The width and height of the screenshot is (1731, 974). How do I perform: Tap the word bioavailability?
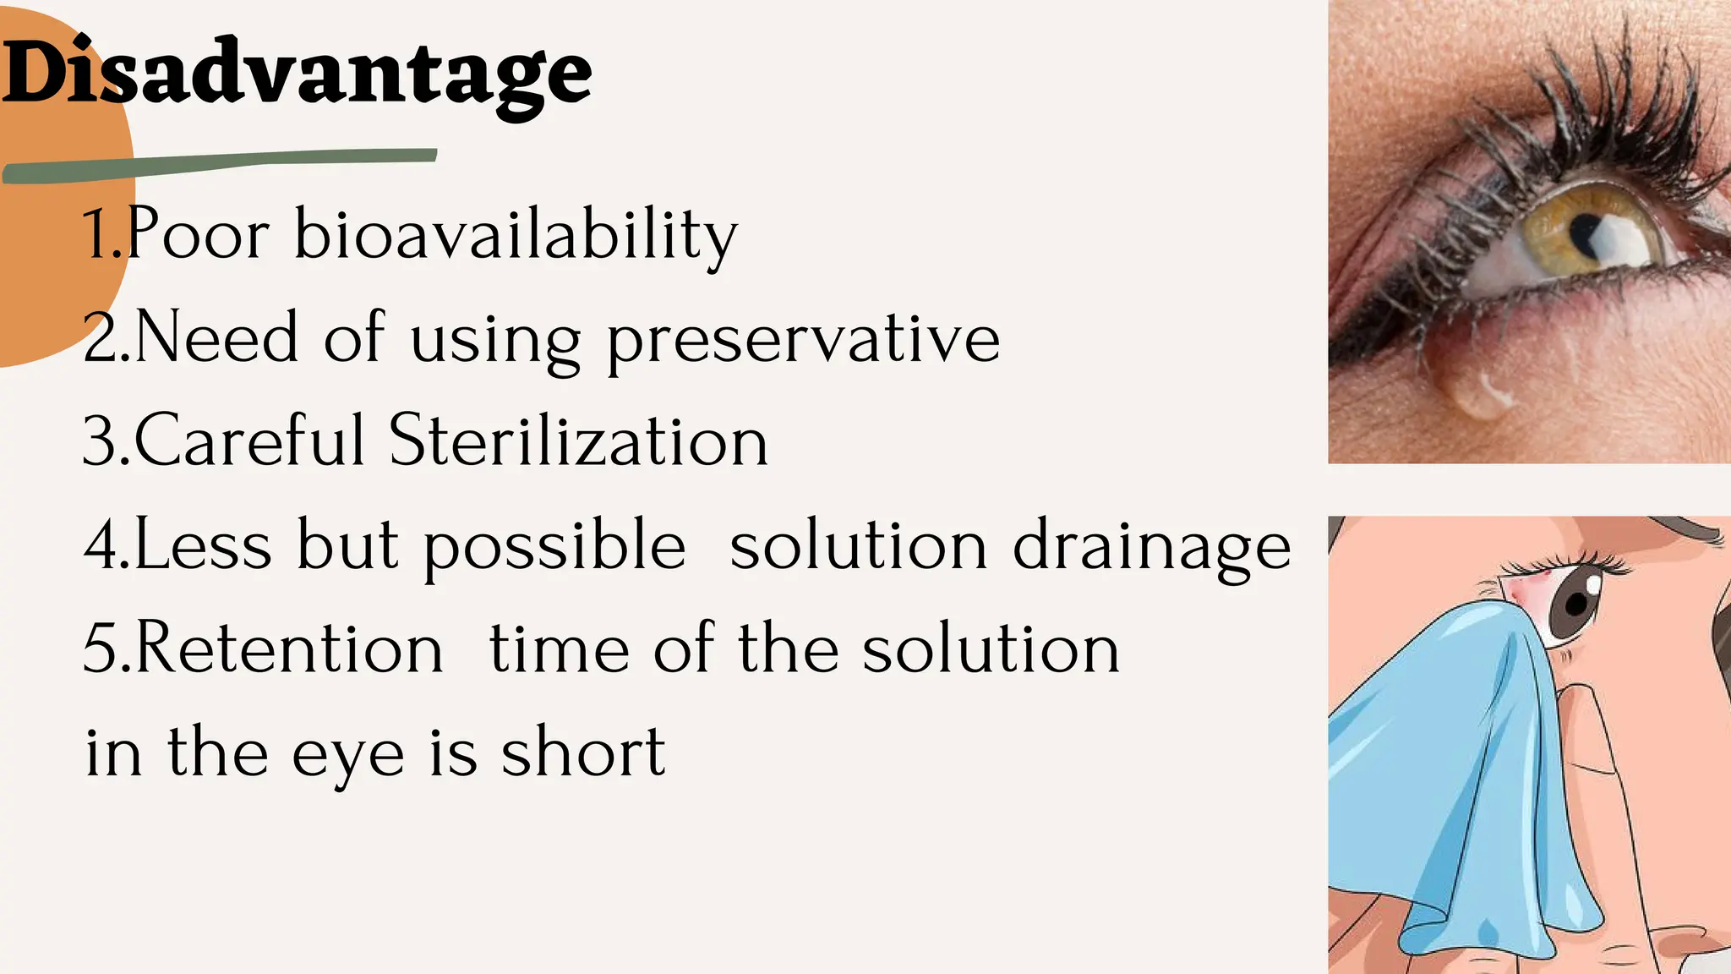[515, 235]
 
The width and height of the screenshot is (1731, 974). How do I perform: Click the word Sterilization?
[578, 441]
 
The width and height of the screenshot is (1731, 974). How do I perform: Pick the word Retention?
[287, 649]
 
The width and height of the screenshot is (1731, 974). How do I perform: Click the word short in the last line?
[582, 752]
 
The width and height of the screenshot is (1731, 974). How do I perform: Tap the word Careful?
[249, 441]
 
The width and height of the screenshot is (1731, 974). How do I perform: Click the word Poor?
[199, 235]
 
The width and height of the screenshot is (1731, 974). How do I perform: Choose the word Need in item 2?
[216, 338]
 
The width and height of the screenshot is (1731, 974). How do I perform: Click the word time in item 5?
[559, 649]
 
